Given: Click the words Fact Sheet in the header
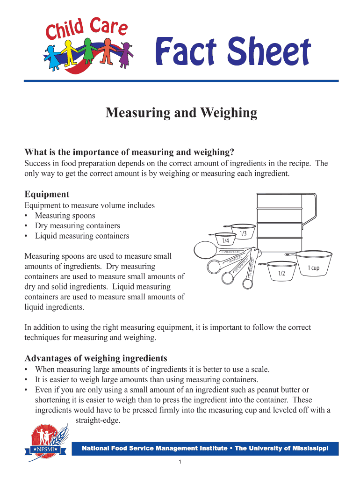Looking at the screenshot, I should coord(232,52).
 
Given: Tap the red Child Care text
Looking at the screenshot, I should coord(86,28).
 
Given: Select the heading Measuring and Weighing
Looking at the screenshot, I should coord(181,113).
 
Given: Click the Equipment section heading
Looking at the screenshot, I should coord(47,194).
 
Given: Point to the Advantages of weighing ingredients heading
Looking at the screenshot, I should coord(95,358).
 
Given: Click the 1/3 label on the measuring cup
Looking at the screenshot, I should coord(243,233).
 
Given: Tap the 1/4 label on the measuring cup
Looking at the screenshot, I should coord(225,240).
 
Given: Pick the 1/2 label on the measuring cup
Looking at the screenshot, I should coord(281,273).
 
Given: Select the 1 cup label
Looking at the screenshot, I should coord(313,268).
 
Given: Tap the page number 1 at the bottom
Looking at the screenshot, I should coord(180,463).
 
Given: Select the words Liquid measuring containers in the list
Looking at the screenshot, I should coord(82,236).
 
